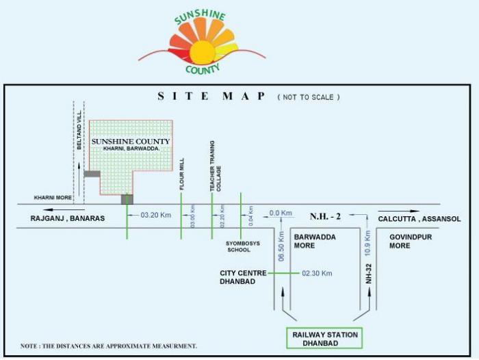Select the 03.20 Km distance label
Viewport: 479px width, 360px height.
coord(155,215)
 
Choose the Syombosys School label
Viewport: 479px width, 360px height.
coord(239,246)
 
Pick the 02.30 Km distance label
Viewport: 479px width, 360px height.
coord(317,273)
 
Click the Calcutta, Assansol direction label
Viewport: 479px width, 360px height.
coord(419,219)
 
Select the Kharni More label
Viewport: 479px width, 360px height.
coord(53,198)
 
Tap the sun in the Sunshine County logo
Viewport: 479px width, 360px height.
coord(202,52)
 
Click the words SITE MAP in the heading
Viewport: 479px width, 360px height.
coord(211,97)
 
